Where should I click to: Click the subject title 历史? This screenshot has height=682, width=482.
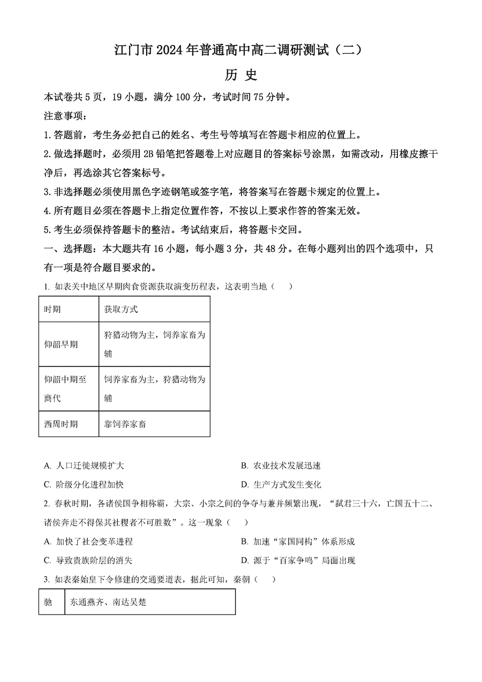pos(240,76)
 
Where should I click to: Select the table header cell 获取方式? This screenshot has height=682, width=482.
pos(121,309)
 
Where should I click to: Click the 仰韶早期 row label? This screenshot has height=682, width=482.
pos(61,344)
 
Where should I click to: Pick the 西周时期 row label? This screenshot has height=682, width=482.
pos(61,424)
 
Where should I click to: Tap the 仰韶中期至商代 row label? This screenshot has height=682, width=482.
pos(64,389)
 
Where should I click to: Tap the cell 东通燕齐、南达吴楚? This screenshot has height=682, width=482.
pos(108,602)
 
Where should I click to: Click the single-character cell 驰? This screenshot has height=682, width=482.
pos(48,602)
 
